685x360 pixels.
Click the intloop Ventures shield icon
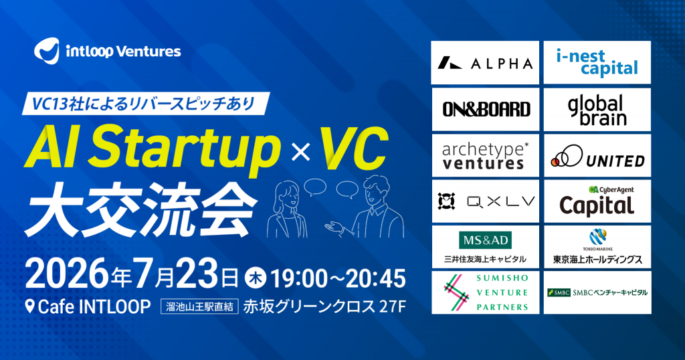(47, 51)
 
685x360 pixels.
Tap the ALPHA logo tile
(485, 62)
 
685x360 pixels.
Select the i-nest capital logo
(597, 62)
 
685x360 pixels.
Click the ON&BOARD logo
(486, 109)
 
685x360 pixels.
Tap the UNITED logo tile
(597, 155)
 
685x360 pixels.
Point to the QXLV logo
(486, 201)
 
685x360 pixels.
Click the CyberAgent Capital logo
(597, 201)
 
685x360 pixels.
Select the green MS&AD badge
(486, 240)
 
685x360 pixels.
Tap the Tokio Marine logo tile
(597, 247)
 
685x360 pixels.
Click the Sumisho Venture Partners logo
(486, 292)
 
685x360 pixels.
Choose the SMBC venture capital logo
(597, 292)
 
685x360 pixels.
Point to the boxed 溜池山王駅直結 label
(199, 306)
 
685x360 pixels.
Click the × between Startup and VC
(300, 153)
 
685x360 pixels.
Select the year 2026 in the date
(68, 275)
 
